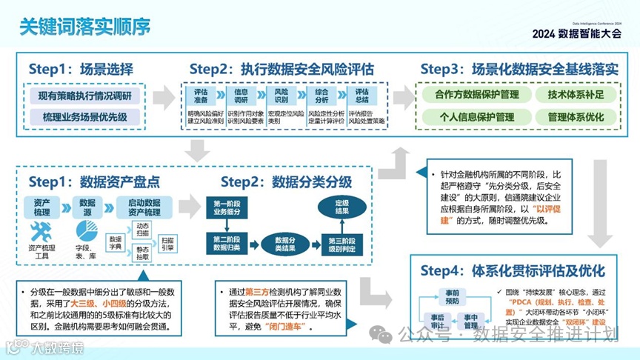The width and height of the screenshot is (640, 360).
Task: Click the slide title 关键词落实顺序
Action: pos(84,26)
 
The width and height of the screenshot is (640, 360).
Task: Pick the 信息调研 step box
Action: pos(241,96)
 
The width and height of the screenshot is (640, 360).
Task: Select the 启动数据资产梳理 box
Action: pos(144,207)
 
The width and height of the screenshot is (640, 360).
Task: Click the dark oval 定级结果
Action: pos(342,207)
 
